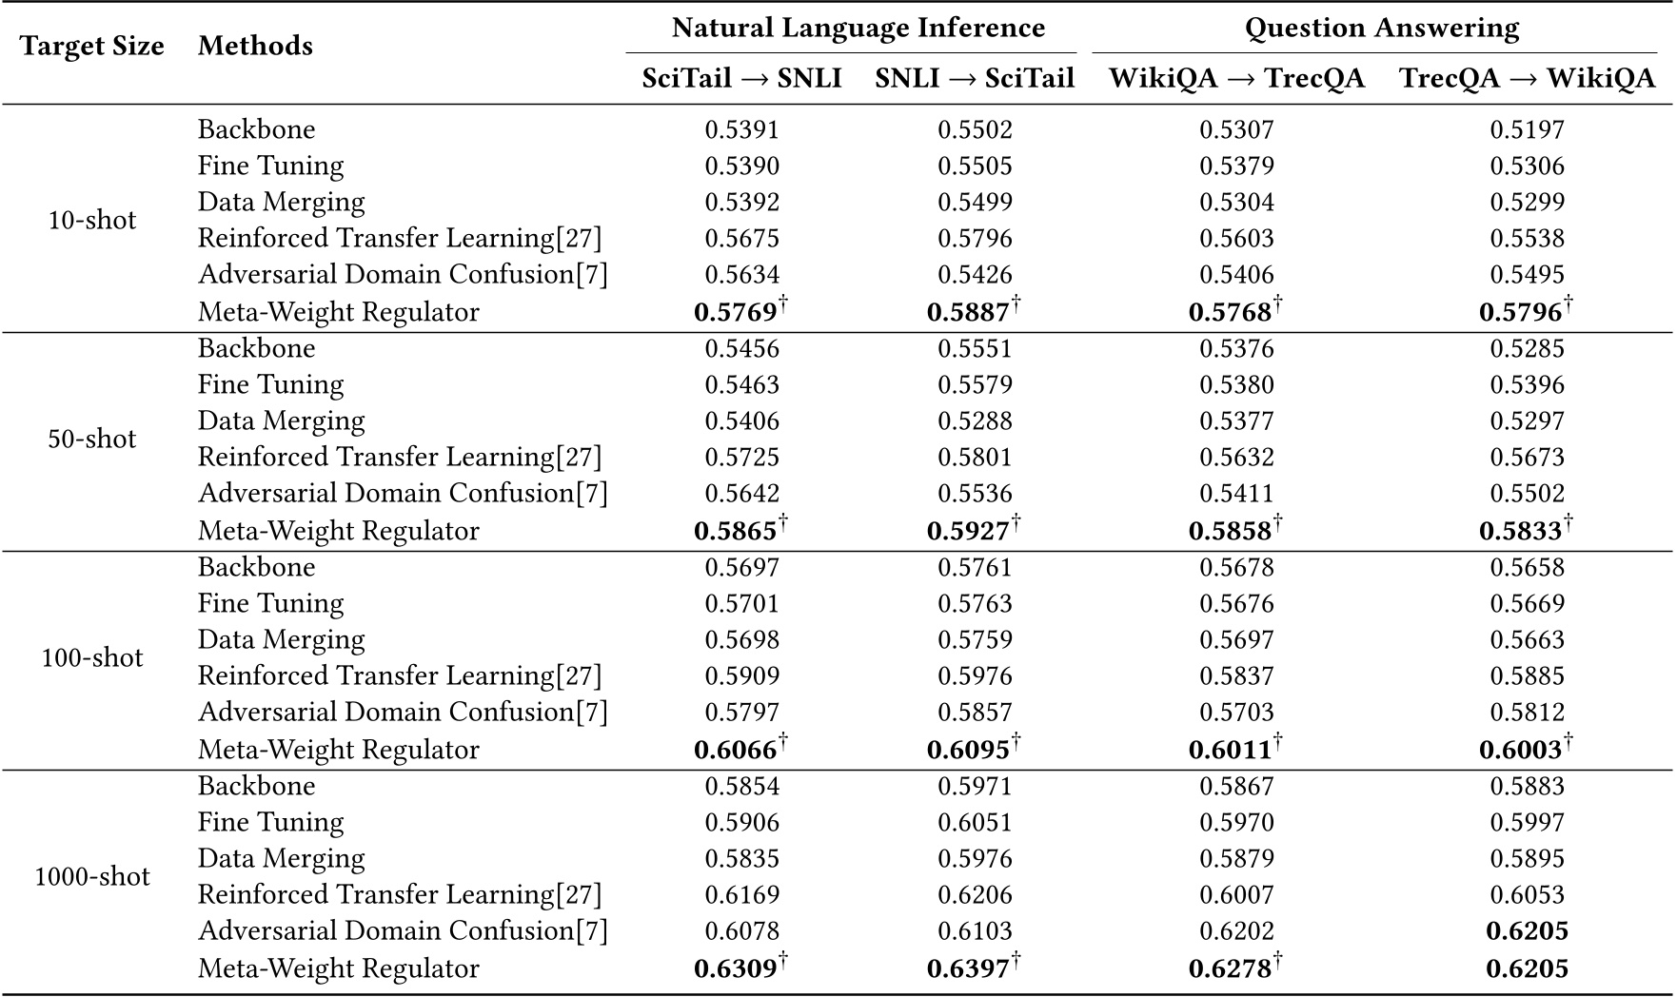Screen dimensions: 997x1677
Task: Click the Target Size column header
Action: [92, 46]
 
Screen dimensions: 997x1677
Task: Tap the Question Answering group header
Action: [1381, 28]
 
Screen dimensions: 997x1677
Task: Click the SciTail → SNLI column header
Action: [741, 78]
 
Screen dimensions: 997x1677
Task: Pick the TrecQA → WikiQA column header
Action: [1527, 78]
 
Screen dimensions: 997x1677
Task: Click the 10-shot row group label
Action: [92, 220]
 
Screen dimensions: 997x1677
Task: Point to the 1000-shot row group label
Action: [92, 876]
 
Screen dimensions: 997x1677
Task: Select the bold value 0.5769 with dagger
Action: [735, 312]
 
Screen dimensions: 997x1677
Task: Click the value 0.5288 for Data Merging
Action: [975, 420]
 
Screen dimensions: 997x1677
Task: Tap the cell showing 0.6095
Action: [968, 750]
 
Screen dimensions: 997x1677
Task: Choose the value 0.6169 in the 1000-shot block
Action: [741, 894]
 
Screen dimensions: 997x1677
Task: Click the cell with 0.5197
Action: [1527, 129]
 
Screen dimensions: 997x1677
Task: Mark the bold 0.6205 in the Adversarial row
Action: [1527, 930]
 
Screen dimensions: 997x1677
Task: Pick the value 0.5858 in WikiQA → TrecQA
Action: [1230, 531]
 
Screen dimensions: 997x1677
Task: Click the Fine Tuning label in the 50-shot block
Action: [270, 384]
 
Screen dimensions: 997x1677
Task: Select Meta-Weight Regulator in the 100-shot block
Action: [338, 750]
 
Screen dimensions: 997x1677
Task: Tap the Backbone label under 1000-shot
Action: [256, 786]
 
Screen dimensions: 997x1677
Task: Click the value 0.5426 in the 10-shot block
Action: [975, 274]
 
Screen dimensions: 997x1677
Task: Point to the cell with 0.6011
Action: [1230, 750]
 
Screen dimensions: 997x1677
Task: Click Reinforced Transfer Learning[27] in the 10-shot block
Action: [400, 238]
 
